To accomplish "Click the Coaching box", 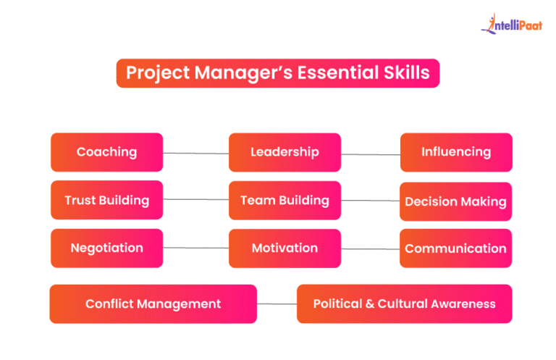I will pyautogui.click(x=106, y=152).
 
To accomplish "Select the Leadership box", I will pyautogui.click(x=285, y=152).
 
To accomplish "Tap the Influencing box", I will pyautogui.click(x=456, y=152).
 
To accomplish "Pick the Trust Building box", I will pyautogui.click(x=106, y=200).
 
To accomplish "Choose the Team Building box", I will pyautogui.click(x=285, y=200).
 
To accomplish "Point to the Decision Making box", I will pyautogui.click(x=456, y=201).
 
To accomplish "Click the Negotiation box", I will pyautogui.click(x=106, y=248).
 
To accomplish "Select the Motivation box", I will pyautogui.click(x=285, y=248).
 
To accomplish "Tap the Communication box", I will pyautogui.click(x=456, y=248).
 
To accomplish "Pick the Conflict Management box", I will pyautogui.click(x=153, y=304).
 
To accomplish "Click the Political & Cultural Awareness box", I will pyautogui.click(x=404, y=304).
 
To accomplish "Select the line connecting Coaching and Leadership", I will pyautogui.click(x=196, y=153).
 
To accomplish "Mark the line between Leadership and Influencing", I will pyautogui.click(x=371, y=154).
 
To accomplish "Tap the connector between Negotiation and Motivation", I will pyautogui.click(x=196, y=248).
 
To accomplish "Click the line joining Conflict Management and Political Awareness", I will pyautogui.click(x=277, y=304).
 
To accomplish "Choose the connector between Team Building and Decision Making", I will pyautogui.click(x=371, y=201).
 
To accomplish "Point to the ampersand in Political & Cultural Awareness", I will pyautogui.click(x=371, y=304).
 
